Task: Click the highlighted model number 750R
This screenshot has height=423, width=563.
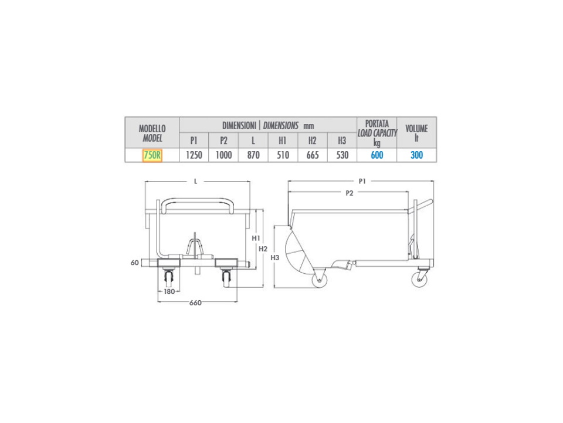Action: pyautogui.click(x=152, y=155)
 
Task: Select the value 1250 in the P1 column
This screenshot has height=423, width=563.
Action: pyautogui.click(x=194, y=155)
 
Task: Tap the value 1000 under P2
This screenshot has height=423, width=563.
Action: pyautogui.click(x=223, y=155)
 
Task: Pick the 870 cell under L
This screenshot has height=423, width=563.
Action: pyautogui.click(x=253, y=155)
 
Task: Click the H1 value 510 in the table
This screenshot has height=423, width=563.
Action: pyautogui.click(x=283, y=155)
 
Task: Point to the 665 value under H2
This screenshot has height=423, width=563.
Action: pyautogui.click(x=313, y=155)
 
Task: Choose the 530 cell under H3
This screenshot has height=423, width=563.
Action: pyautogui.click(x=342, y=155)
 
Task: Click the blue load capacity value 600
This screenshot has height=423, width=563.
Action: pyautogui.click(x=377, y=155)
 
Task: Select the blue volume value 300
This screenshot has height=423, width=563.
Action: pyautogui.click(x=416, y=155)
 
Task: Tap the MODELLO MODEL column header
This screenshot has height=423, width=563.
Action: pyautogui.click(x=152, y=133)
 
